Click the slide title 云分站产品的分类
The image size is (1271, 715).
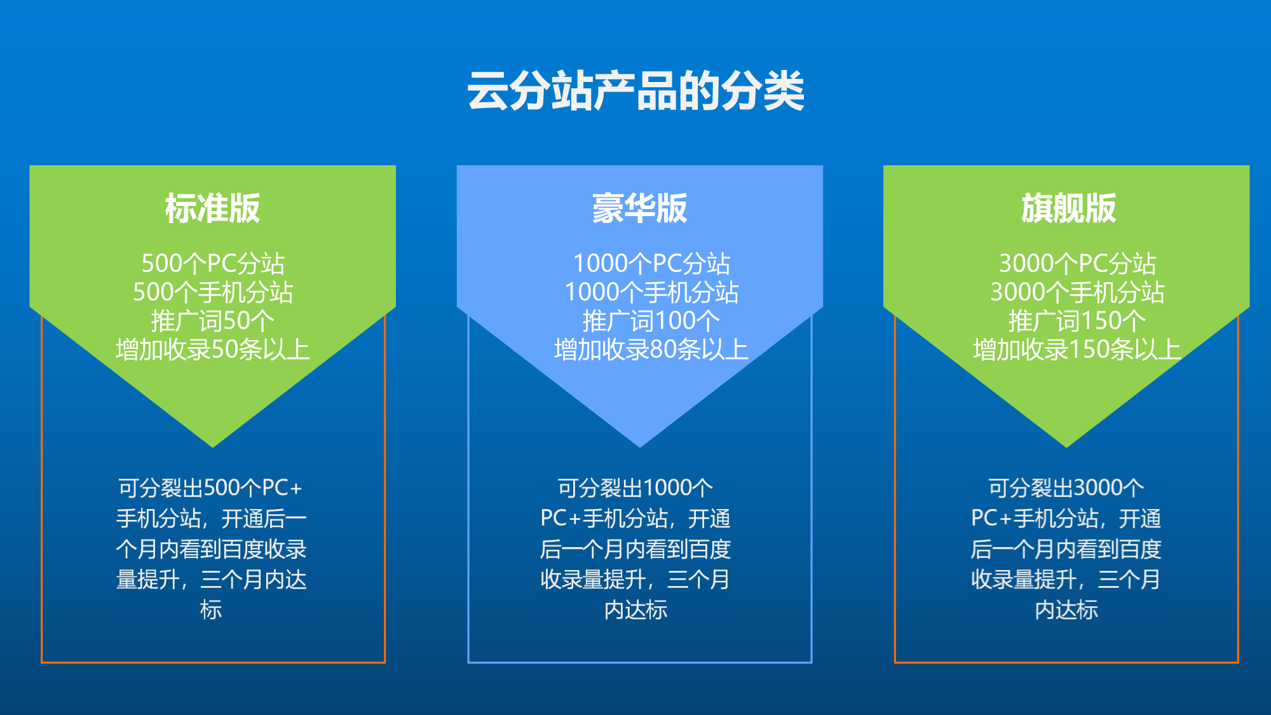coord(635,91)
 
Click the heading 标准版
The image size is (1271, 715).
coord(213,208)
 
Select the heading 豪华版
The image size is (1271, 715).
coord(640,208)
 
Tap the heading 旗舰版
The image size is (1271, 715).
coord(1068,208)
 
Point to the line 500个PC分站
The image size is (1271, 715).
coord(213,263)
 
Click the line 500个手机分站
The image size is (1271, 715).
coord(213,292)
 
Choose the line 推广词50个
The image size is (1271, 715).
coord(213,321)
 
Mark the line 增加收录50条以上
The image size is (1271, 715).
coord(213,350)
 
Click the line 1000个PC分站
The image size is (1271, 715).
coord(651,263)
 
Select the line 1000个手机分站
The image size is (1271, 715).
coord(651,292)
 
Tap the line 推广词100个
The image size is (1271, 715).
coord(651,321)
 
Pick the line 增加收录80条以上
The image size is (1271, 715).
coord(651,350)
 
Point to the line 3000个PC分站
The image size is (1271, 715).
coord(1077,263)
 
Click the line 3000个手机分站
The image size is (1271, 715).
coord(1077,292)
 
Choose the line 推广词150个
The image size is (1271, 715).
coord(1077,321)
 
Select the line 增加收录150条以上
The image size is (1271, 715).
coord(1077,350)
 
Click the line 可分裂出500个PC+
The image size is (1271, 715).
coord(210,488)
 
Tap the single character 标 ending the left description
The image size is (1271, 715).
coord(211,610)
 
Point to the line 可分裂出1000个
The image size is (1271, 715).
coord(635,488)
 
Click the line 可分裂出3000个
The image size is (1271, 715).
coord(1066,488)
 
